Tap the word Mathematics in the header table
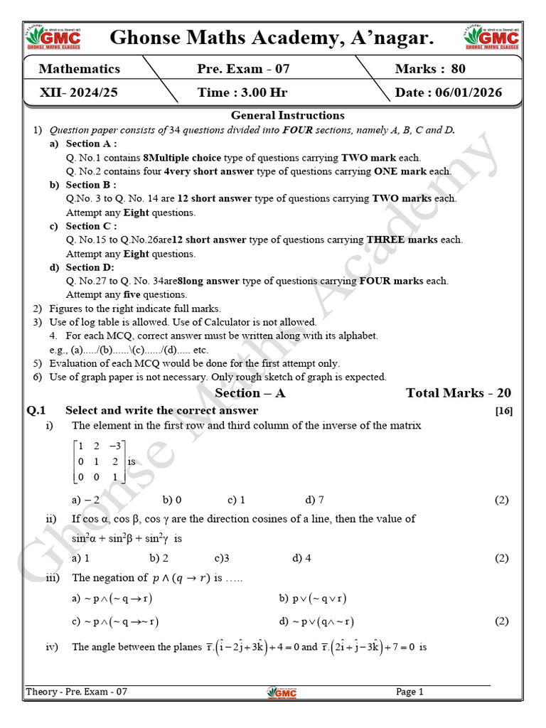coord(80,69)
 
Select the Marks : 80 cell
coord(431,69)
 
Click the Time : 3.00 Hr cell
coord(242,92)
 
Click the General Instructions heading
coord(287,115)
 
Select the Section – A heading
coord(250,393)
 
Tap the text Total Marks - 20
coord(458,393)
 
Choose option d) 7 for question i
coord(314,500)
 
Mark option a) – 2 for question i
coord(86,500)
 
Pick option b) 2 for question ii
coord(159,558)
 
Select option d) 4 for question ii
coord(301,558)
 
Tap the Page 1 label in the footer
coord(409,692)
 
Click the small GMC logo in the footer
coord(282,692)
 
